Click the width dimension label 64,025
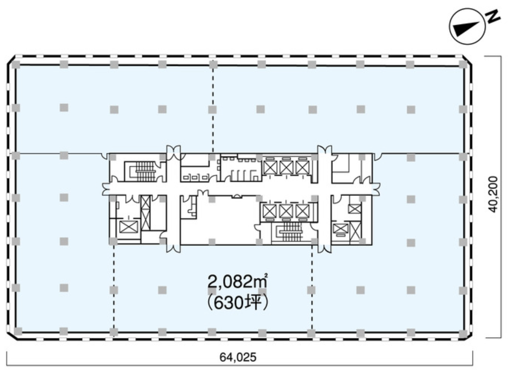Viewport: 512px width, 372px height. (238, 357)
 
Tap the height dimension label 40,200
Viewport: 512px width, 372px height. (494, 195)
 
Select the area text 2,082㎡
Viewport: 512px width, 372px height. (238, 282)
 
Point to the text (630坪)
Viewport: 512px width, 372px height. (238, 303)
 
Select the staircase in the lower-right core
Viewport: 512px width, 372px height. (291, 232)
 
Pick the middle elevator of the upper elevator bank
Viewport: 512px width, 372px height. (286, 167)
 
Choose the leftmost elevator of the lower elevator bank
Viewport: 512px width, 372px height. (270, 211)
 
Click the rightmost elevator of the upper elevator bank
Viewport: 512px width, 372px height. (303, 167)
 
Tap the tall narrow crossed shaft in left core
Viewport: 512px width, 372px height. (146, 212)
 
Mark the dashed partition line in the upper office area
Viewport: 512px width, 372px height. (213, 109)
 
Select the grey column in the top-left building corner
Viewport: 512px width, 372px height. (16, 64)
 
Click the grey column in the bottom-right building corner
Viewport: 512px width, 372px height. (463, 334)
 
